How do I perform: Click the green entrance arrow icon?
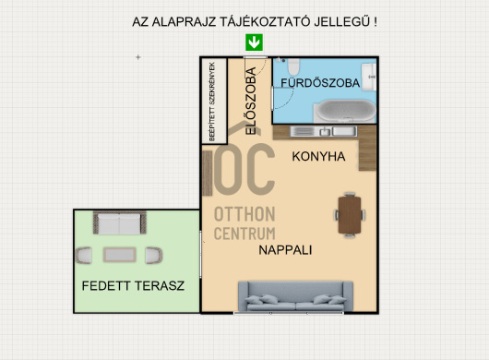(255, 42)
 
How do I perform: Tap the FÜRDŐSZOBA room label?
(321, 83)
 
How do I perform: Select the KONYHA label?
(318, 157)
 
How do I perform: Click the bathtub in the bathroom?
(346, 113)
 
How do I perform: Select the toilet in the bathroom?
(291, 66)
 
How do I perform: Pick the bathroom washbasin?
(370, 76)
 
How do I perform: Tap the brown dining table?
(350, 213)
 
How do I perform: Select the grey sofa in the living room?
(292, 295)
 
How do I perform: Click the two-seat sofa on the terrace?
(119, 223)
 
